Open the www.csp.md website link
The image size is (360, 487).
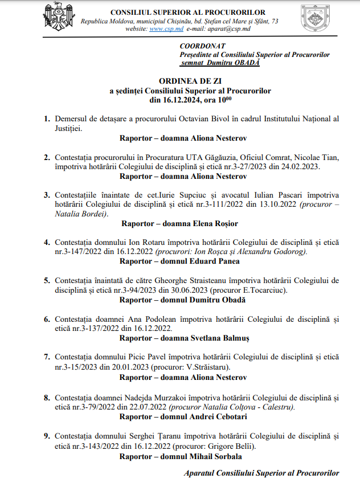pyautogui.click(x=162, y=28)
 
